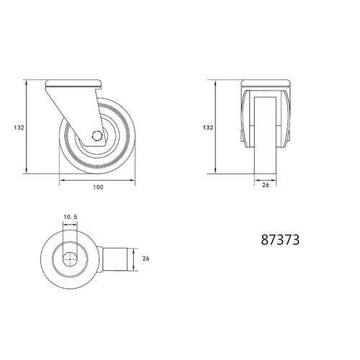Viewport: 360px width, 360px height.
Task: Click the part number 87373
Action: [x=280, y=240]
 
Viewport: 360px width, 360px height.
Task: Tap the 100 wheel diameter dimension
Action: [x=98, y=187]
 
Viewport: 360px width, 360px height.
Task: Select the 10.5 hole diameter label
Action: [x=71, y=217]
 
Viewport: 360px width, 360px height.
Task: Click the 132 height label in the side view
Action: [x=19, y=127]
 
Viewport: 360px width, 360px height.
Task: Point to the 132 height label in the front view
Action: [x=208, y=127]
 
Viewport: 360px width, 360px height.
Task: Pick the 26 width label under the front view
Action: [x=266, y=185]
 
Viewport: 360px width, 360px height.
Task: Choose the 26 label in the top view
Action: [x=146, y=258]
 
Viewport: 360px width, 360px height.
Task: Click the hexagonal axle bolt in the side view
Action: [x=97, y=136]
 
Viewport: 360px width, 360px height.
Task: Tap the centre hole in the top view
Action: [x=70, y=259]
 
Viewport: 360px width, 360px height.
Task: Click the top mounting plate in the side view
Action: [x=73, y=84]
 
